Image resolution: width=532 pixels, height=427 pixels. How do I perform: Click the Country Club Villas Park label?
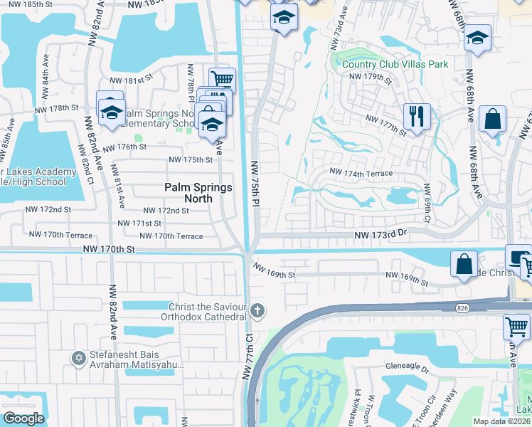[x=395, y=64]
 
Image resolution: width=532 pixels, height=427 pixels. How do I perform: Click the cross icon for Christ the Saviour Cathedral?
[x=257, y=310]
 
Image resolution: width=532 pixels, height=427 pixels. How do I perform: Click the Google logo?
[x=23, y=418]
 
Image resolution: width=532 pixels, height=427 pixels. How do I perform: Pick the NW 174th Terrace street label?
[x=361, y=173]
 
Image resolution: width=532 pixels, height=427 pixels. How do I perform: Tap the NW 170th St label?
[x=108, y=249]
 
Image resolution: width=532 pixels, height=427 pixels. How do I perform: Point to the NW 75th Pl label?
[x=253, y=184]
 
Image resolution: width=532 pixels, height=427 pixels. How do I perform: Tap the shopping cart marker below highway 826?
[x=516, y=328]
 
